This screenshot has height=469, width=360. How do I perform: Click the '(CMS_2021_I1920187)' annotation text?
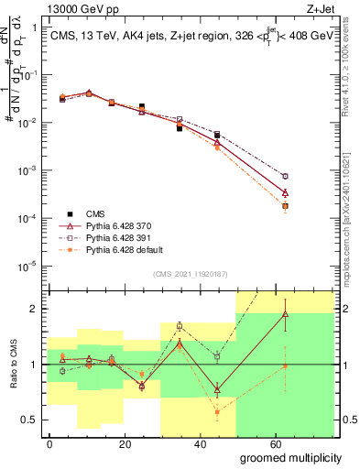pyautogui.click(x=190, y=273)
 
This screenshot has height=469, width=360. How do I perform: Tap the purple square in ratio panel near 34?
pyautogui.click(x=180, y=326)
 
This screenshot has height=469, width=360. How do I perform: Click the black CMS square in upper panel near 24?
pyautogui.click(x=141, y=107)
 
